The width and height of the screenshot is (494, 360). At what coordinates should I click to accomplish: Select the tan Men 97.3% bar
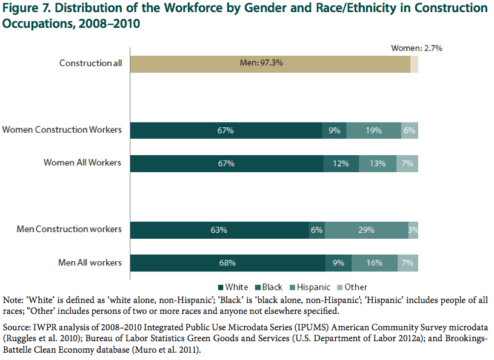270,63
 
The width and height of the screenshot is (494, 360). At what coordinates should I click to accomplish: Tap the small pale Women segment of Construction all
414,63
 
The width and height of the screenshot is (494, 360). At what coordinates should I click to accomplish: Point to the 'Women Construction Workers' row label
62,130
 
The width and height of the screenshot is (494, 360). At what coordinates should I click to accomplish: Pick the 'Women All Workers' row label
82,162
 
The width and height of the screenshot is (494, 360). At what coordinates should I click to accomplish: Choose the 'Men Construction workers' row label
69,229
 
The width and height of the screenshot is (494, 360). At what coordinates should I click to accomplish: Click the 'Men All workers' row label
90,262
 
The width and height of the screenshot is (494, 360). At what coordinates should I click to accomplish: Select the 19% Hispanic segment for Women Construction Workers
374,130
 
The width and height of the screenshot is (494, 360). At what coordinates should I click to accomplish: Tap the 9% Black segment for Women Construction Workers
335,130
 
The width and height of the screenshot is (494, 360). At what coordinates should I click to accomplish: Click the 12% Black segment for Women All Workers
341,164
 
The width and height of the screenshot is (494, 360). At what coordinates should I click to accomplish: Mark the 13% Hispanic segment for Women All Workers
378,164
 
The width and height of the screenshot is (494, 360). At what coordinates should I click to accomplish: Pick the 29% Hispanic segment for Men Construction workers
367,230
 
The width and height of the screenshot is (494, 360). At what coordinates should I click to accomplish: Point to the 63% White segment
219,230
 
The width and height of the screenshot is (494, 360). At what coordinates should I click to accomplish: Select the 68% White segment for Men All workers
227,263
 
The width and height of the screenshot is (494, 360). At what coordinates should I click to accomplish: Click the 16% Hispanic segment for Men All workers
374,263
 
